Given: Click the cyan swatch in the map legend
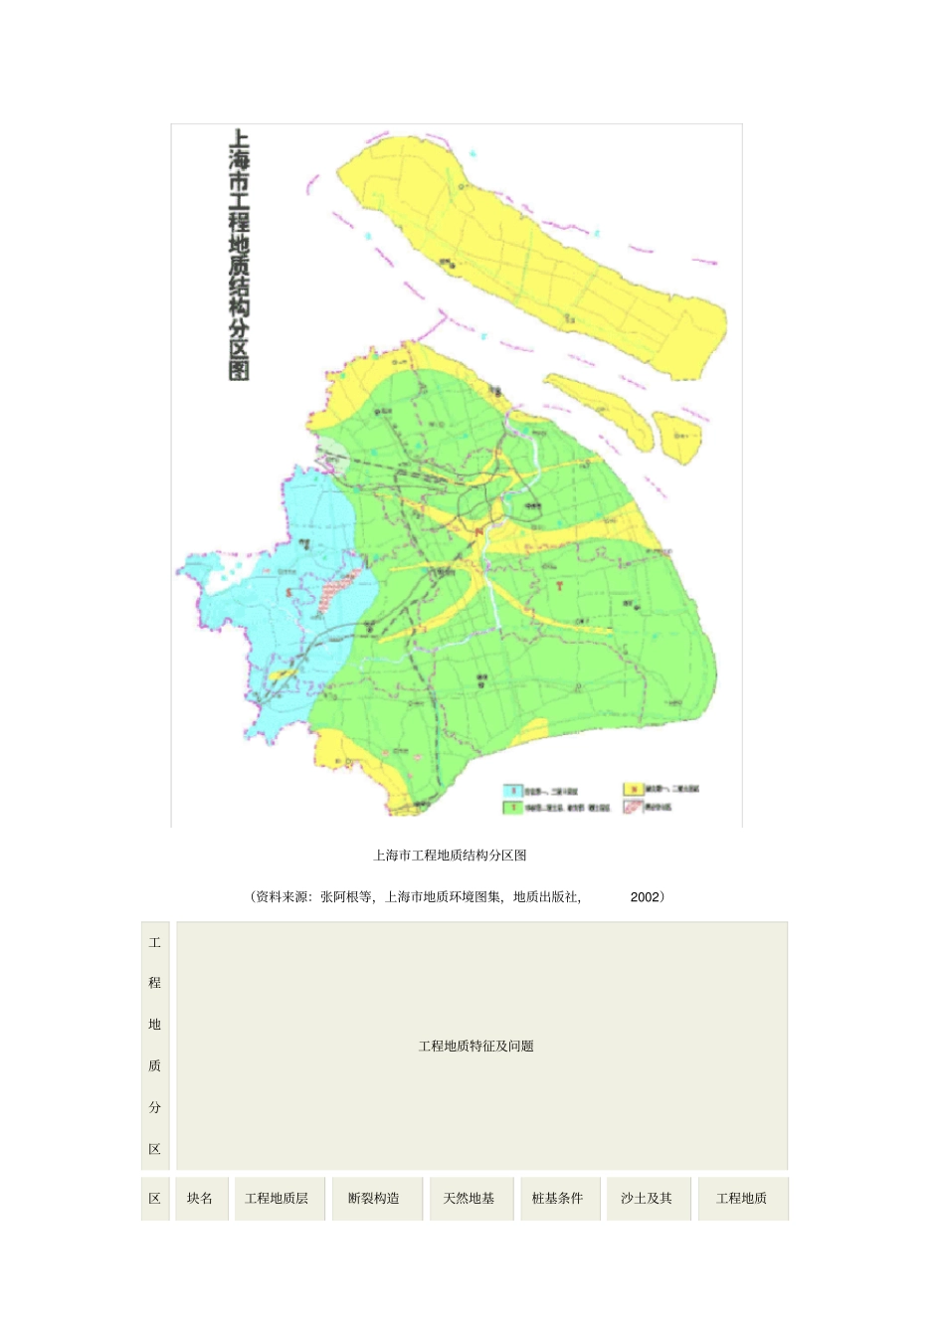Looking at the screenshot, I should [512, 792].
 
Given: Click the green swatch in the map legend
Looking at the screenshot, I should [512, 808].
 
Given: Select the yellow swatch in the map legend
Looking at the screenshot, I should [633, 789].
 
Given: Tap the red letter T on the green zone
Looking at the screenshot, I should [560, 586].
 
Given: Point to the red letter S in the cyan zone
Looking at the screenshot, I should [289, 594].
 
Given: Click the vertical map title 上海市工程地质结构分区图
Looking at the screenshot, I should [239, 255].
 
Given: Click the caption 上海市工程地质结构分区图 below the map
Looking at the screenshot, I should [450, 855].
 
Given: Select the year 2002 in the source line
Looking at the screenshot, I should [645, 896].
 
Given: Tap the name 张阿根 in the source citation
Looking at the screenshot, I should [337, 896].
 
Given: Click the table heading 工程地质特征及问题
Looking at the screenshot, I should [476, 1046].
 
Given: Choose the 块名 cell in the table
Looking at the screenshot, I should [200, 1198].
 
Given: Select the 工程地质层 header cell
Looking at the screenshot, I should [277, 1198].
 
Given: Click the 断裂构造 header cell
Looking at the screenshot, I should [374, 1198].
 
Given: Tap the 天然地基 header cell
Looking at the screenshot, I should [469, 1198].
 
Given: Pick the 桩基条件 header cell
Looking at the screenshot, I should [557, 1198].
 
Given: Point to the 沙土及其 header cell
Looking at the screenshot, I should [647, 1198].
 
